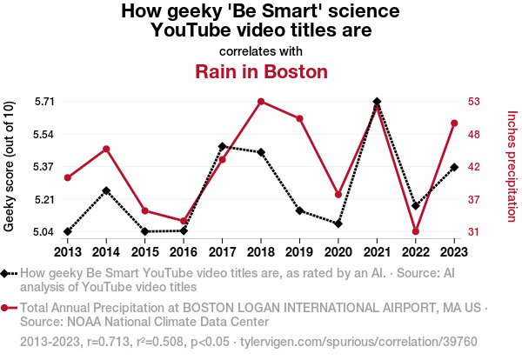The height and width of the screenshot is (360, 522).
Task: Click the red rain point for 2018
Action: (x=261, y=102)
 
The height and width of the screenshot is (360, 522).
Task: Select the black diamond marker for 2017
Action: (x=222, y=146)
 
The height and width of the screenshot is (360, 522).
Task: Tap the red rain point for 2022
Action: (x=416, y=231)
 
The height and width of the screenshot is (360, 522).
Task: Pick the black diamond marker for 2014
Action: (x=106, y=190)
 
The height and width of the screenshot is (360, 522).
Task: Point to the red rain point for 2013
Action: (x=67, y=177)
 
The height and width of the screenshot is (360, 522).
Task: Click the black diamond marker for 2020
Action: (x=338, y=223)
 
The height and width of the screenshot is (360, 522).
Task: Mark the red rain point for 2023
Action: (x=454, y=123)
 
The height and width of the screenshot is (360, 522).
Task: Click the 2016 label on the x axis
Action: (x=184, y=251)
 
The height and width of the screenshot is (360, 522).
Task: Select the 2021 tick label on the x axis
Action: (x=377, y=251)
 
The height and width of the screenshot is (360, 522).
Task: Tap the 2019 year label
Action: (x=299, y=251)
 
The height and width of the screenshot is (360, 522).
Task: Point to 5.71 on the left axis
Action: (x=44, y=102)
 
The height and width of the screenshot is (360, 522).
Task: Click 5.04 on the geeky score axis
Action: (x=44, y=232)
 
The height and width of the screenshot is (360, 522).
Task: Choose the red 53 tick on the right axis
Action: (x=473, y=102)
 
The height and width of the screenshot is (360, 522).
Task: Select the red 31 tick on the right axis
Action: (x=473, y=232)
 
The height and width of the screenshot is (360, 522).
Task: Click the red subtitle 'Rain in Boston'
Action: (x=261, y=71)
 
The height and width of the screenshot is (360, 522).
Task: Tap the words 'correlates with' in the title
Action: (x=261, y=50)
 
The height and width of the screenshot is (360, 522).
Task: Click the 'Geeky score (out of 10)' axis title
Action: (x=10, y=166)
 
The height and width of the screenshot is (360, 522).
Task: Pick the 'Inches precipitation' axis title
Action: (x=512, y=166)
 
